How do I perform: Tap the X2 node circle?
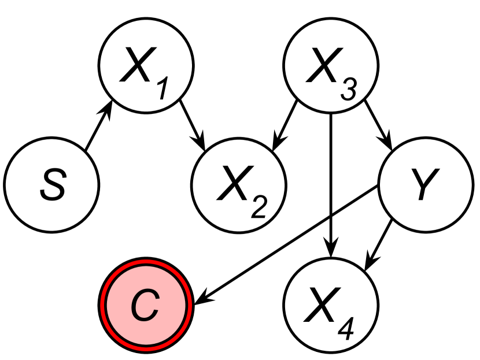pos(239,185)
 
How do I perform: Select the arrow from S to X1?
pos(97,128)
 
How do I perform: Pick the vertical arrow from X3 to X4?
pos(330,185)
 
